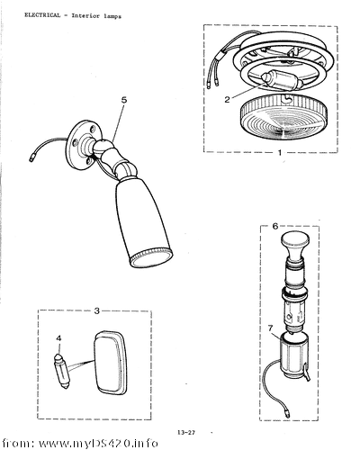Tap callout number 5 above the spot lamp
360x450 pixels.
pyautogui.click(x=124, y=100)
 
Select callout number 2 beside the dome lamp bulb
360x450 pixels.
pyautogui.click(x=227, y=100)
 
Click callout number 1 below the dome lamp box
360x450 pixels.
pyautogui.click(x=280, y=153)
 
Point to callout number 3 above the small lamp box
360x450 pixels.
pyautogui.click(x=96, y=311)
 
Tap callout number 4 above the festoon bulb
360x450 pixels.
pyautogui.click(x=58, y=338)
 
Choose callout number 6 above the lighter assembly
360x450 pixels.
pyautogui.click(x=275, y=226)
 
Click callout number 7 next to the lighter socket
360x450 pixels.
pyautogui.click(x=271, y=328)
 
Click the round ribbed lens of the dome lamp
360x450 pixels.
pyautogui.click(x=283, y=119)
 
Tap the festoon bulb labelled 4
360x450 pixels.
pyautogui.click(x=61, y=372)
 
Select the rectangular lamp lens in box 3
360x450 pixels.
pyautogui.click(x=111, y=364)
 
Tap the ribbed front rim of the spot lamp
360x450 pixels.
pyautogui.click(x=151, y=257)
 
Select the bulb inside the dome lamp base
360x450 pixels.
pyautogui.click(x=281, y=81)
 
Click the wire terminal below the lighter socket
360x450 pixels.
pyautogui.click(x=287, y=414)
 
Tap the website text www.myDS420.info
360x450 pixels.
pyautogui.click(x=98, y=443)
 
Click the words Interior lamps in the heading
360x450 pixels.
pyautogui.click(x=96, y=16)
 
